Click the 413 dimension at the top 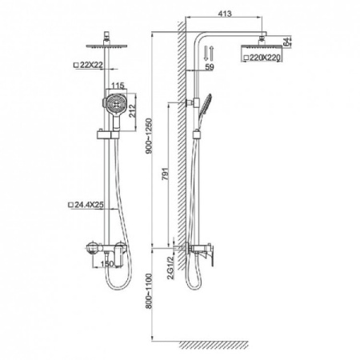coord(225,14)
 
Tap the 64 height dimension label coord(286,42)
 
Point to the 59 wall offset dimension coord(210,66)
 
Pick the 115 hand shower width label coord(118,86)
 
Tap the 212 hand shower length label coord(132,110)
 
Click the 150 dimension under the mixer coord(107,264)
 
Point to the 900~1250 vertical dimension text coord(148,136)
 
